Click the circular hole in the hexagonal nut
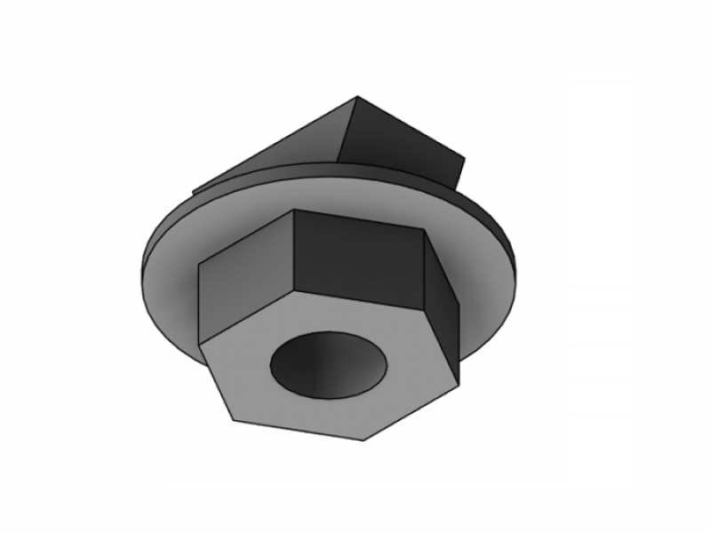(329, 364)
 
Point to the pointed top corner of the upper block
(357, 97)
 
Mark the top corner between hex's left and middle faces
(293, 211)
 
